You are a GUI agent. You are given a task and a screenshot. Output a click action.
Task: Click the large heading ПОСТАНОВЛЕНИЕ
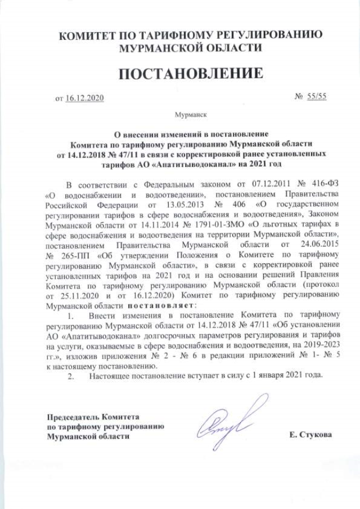[x=190, y=74]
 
